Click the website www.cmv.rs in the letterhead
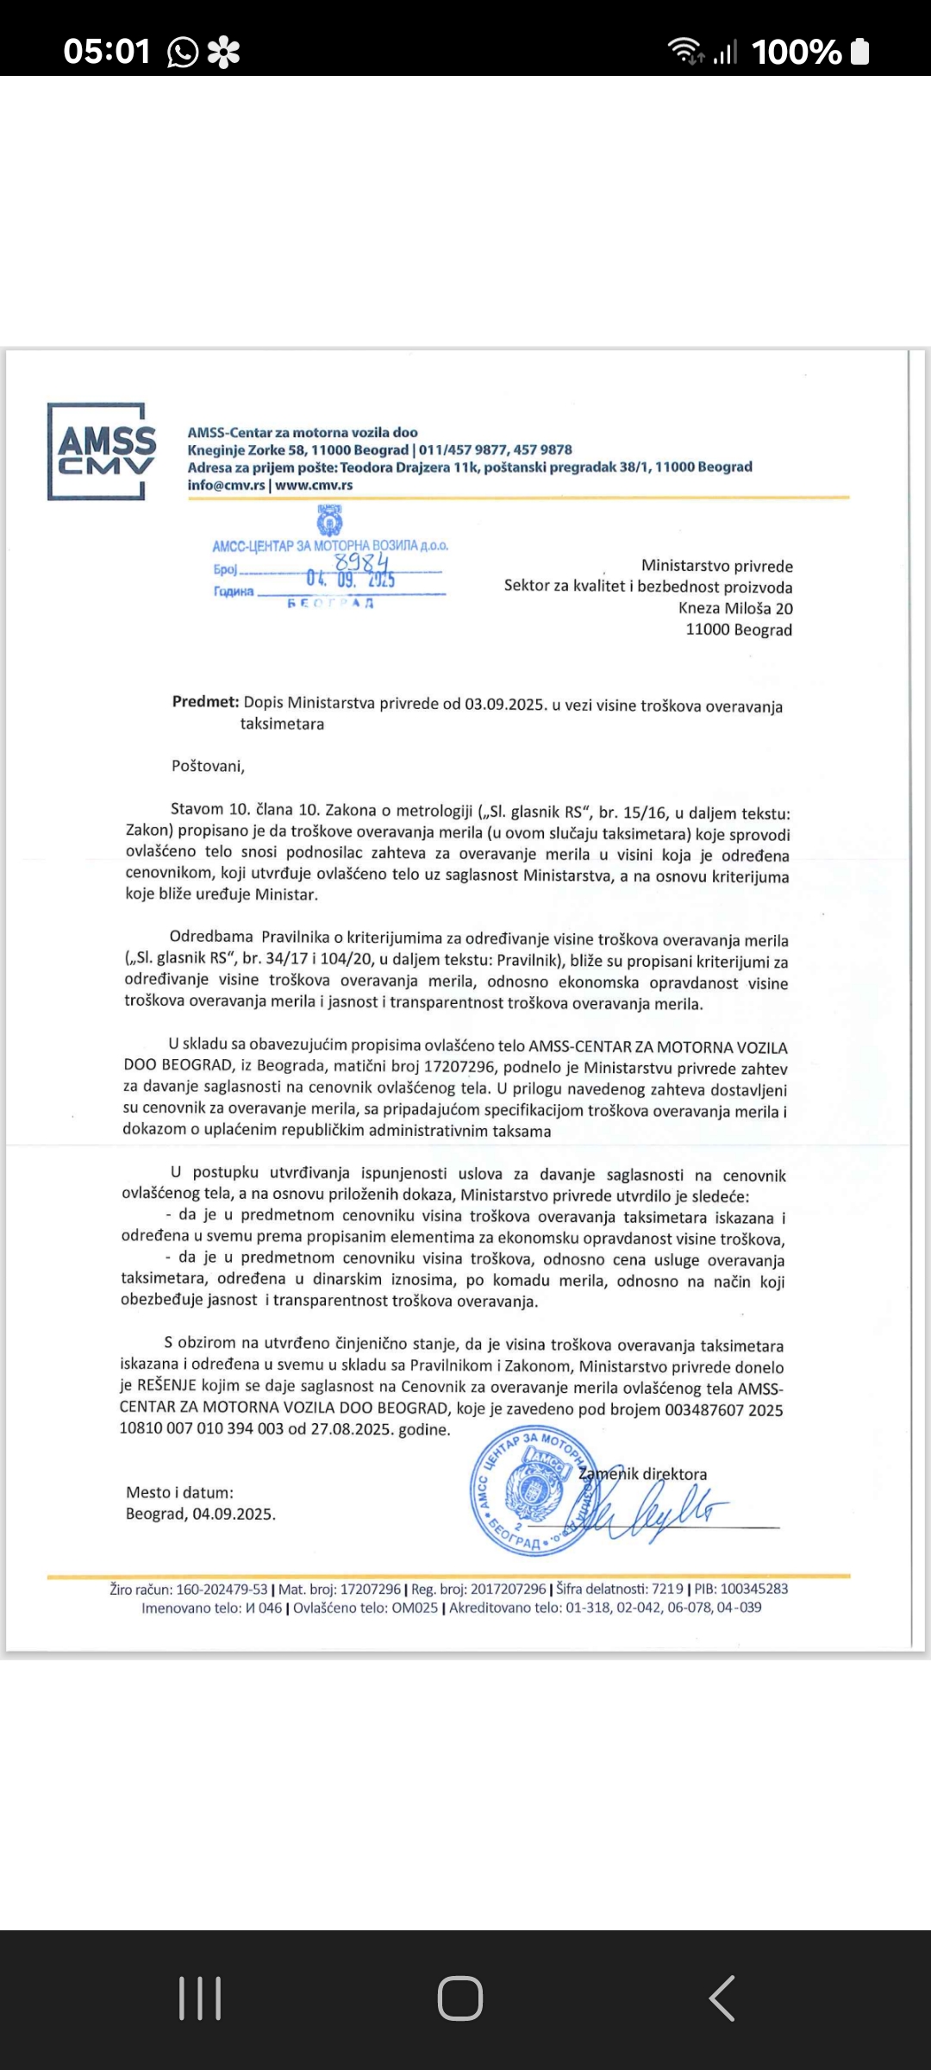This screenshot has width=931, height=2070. [x=314, y=486]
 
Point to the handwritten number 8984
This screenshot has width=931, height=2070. [x=361, y=563]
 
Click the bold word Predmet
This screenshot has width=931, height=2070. [x=205, y=702]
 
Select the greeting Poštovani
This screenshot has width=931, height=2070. [x=208, y=766]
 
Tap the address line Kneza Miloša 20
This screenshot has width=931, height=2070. [x=735, y=608]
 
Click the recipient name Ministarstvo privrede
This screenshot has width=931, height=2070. [x=716, y=567]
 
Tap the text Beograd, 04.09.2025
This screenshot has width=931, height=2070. [x=201, y=1515]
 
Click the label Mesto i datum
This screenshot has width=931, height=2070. [x=179, y=1493]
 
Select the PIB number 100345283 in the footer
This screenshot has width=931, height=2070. [x=753, y=1589]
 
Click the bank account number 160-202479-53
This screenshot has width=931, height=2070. [x=222, y=1589]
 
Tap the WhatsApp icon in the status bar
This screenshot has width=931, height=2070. [x=183, y=53]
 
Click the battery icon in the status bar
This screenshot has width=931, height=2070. [x=859, y=52]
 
